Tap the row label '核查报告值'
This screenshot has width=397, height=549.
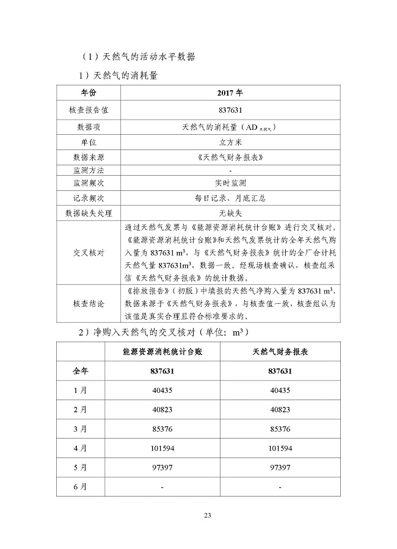coord(88,110)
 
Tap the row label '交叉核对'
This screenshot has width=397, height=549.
coord(88,253)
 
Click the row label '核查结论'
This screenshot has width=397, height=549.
coord(88,303)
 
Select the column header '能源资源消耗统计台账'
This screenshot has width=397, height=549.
coord(162,353)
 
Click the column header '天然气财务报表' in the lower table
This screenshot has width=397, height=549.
coord(280,353)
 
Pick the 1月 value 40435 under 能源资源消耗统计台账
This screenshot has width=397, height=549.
coord(162,390)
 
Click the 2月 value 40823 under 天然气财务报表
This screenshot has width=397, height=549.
coord(280,409)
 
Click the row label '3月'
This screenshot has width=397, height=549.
coord(79,429)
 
